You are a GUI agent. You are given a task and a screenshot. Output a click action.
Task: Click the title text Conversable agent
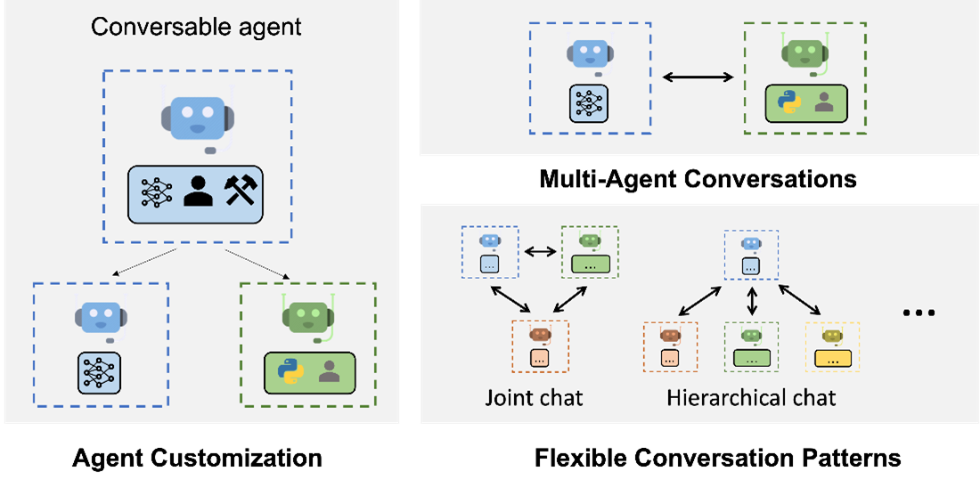pyautogui.click(x=196, y=27)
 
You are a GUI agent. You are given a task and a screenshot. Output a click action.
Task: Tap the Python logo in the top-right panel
pyautogui.click(x=788, y=103)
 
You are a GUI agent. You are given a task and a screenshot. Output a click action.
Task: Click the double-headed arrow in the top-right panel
pyautogui.click(x=698, y=77)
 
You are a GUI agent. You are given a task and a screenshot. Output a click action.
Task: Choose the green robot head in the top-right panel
pyautogui.click(x=804, y=53)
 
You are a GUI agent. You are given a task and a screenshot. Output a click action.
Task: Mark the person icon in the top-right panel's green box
pyautogui.click(x=824, y=103)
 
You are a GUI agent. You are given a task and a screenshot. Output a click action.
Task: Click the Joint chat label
pyautogui.click(x=534, y=396)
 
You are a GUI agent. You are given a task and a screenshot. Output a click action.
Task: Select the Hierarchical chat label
pyautogui.click(x=751, y=396)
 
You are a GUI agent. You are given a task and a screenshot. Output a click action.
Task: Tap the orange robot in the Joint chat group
pyautogui.click(x=539, y=336)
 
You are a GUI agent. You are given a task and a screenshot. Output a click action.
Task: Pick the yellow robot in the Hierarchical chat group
pyautogui.click(x=832, y=336)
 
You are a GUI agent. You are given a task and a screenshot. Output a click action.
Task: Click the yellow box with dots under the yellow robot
pyautogui.click(x=832, y=359)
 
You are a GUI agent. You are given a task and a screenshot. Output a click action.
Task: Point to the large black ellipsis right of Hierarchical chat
pyautogui.click(x=918, y=313)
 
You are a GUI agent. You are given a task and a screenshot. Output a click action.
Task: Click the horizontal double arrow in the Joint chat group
pyautogui.click(x=539, y=252)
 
